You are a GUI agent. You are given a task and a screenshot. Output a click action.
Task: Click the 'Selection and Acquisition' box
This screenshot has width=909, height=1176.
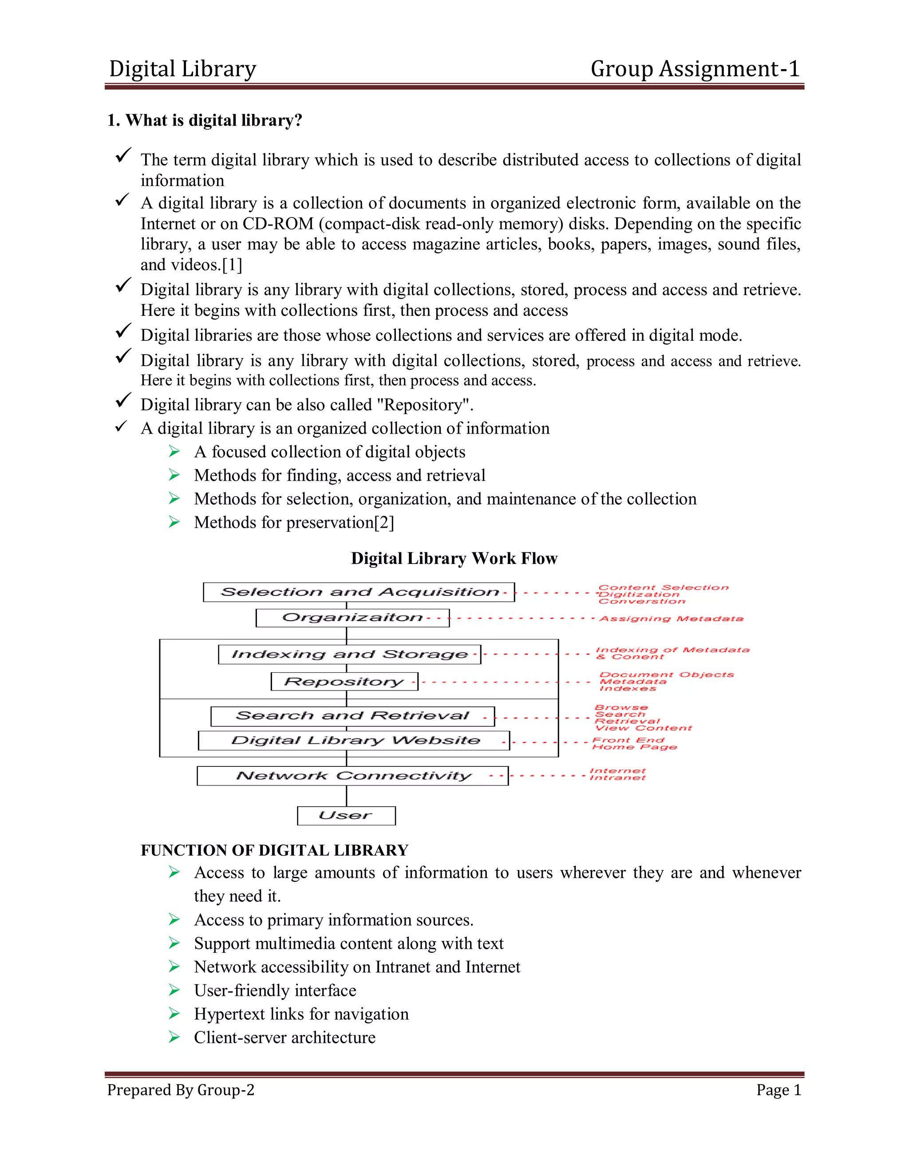point(359,592)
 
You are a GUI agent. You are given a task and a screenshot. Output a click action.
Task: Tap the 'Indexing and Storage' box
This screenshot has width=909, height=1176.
point(349,654)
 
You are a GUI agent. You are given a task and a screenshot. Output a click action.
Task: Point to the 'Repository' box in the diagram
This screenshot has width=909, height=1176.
point(344,682)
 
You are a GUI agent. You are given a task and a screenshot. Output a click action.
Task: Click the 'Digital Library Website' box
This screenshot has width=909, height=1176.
point(354,740)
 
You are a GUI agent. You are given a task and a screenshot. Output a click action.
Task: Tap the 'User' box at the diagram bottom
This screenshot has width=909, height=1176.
point(346,815)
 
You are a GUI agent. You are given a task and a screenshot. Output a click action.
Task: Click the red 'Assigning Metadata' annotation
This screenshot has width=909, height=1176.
point(671,619)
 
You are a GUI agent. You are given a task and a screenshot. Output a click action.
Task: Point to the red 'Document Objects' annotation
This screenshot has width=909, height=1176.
point(667,675)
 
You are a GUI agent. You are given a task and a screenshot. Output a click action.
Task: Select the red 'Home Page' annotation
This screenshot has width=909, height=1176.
point(634,747)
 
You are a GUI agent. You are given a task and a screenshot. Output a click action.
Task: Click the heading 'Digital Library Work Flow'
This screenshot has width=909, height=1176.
point(454,558)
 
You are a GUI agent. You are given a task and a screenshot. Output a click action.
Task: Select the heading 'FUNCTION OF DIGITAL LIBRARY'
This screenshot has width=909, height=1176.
point(275,850)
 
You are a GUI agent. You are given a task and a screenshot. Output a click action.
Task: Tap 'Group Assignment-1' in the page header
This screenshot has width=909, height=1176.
point(695,69)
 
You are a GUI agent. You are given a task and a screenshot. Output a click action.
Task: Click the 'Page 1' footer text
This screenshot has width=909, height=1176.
point(779,1090)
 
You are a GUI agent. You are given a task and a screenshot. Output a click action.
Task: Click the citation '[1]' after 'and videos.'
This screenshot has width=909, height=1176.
point(232,265)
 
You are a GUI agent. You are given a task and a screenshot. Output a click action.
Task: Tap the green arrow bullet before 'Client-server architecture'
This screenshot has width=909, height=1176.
point(174,1037)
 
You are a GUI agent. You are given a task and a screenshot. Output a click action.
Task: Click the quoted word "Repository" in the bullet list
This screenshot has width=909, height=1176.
point(427,405)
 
